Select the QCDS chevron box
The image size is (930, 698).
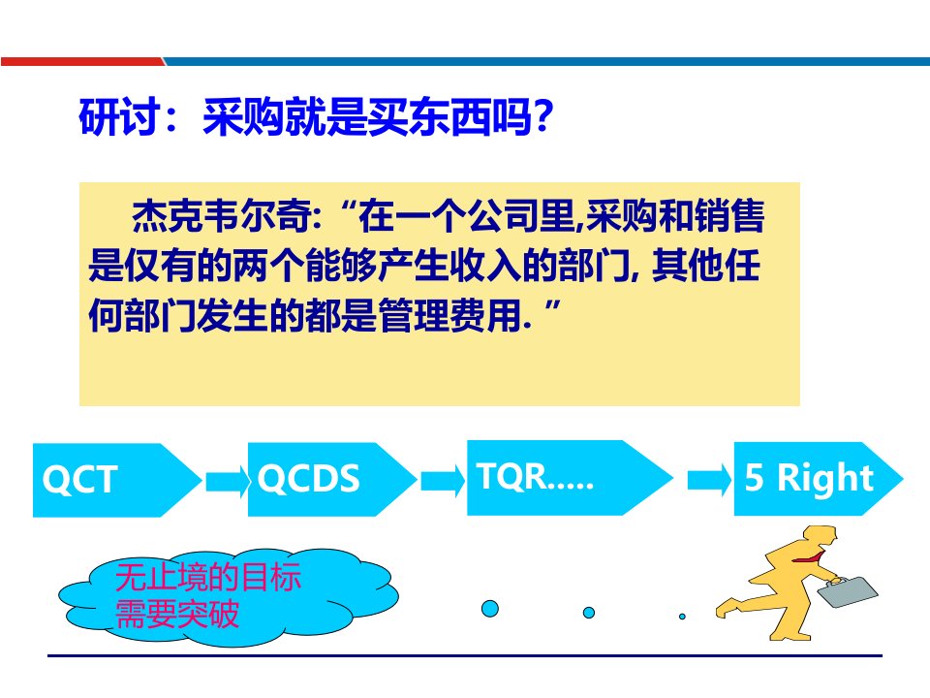(332, 479)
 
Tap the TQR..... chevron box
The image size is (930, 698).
(570, 477)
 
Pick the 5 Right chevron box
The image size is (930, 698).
(819, 478)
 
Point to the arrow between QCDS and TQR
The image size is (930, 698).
(444, 480)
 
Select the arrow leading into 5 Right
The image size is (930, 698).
(710, 480)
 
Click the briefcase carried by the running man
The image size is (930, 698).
(848, 591)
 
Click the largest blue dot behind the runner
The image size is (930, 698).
(490, 609)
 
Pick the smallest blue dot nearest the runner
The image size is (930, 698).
(682, 617)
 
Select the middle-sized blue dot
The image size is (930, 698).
(589, 612)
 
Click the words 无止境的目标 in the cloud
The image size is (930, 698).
(208, 577)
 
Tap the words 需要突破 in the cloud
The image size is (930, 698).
(176, 614)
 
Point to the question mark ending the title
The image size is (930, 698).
(542, 115)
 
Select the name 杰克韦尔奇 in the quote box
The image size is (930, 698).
(221, 215)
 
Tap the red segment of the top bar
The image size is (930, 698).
(82, 61)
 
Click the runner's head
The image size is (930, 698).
(823, 538)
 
